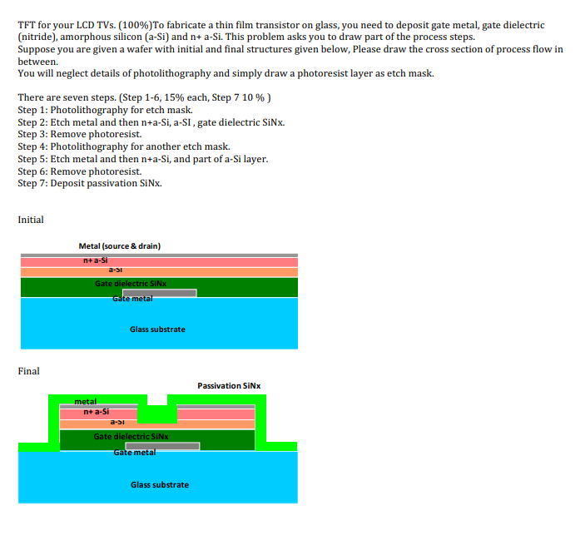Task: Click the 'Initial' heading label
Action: point(31,220)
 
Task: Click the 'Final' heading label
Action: point(28,371)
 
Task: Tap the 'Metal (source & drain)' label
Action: point(119,245)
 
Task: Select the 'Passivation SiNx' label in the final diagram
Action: point(229,385)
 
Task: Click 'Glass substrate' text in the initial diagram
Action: point(157,329)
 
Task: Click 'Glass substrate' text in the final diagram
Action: point(159,484)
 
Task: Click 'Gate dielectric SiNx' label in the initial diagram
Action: point(131,284)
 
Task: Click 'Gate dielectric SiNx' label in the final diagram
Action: point(131,436)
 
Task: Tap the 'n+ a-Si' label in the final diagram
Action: point(97,412)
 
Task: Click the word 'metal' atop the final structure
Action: point(86,402)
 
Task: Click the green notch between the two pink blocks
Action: point(157,413)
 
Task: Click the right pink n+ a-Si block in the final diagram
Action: point(216,413)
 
